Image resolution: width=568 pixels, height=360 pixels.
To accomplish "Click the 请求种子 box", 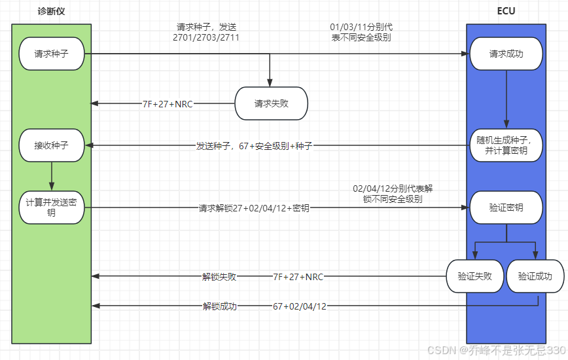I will click(x=51, y=54).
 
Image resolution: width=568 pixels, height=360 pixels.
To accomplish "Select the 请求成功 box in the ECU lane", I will click(x=506, y=54).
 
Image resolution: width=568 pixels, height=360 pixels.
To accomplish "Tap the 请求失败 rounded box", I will click(x=271, y=103).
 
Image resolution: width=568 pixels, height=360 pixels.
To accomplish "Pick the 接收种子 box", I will click(x=51, y=145).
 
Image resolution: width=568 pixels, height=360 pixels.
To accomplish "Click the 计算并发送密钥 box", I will click(x=51, y=207).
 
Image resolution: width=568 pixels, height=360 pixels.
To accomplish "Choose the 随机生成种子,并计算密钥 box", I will click(x=506, y=145).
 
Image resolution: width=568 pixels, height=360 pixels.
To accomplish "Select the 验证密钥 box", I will click(x=506, y=207).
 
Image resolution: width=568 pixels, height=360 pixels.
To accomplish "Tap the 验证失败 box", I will click(x=474, y=276).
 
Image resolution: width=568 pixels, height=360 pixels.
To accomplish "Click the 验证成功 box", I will click(x=535, y=276).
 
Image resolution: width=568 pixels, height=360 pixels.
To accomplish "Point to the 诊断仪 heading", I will click(x=51, y=11).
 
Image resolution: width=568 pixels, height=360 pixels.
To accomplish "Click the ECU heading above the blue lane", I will click(x=506, y=11).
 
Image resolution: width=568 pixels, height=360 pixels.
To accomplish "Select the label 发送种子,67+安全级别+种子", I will click(x=254, y=145).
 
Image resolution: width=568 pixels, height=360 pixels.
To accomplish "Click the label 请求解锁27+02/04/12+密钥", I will click(x=254, y=207).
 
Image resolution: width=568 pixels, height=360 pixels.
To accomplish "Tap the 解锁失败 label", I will click(x=219, y=276).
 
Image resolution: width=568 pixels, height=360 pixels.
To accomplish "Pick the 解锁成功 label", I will click(x=219, y=306).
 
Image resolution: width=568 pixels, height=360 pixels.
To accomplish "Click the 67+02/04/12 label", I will click(x=300, y=306).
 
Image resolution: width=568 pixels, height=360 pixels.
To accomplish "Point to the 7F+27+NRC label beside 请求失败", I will click(x=168, y=103).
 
